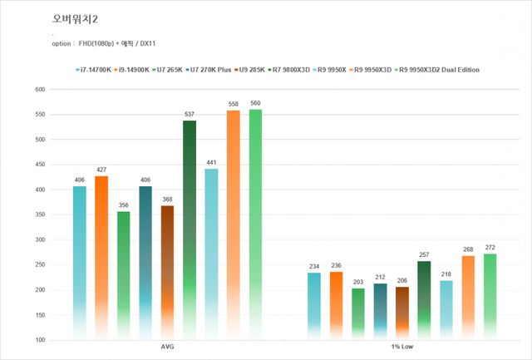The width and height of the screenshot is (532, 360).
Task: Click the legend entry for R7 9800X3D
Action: pos(289,70)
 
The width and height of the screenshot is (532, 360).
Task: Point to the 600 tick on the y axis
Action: pos(39,90)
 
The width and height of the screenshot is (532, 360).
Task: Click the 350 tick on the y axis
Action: pos(39,215)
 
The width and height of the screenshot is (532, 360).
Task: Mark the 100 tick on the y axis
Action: pos(39,340)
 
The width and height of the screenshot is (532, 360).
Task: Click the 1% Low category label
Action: pos(402,347)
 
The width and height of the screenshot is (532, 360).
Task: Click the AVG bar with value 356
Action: pos(123,274)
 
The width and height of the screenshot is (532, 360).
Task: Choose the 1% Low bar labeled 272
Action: pos(490,295)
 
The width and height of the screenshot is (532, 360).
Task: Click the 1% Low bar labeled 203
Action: pos(357,313)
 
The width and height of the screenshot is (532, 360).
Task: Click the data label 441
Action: pos(211,163)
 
